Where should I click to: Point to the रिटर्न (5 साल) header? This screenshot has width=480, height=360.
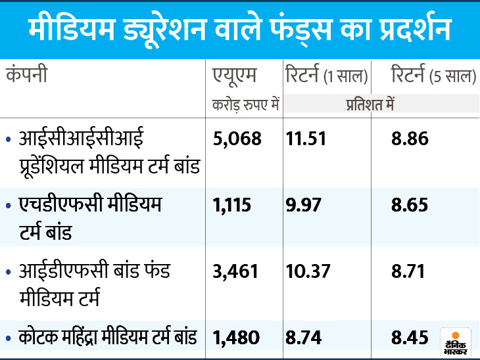[x=433, y=75]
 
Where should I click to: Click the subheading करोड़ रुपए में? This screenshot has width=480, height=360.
[x=246, y=104]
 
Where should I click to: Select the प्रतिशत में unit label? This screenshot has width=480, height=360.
[x=370, y=104]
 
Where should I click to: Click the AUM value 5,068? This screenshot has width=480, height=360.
[x=237, y=139]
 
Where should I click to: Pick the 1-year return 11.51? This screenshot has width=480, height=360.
[x=306, y=139]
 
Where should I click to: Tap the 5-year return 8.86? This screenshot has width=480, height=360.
[x=410, y=139]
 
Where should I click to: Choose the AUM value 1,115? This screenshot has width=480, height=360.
[x=232, y=205]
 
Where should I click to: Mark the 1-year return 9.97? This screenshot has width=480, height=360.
[x=304, y=205]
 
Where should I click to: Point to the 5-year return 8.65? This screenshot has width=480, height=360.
[x=410, y=205]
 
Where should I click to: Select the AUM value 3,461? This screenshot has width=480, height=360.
[x=237, y=271]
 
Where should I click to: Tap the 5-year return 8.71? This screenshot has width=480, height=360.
[x=410, y=271]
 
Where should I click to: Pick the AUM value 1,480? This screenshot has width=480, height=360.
[x=237, y=338]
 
